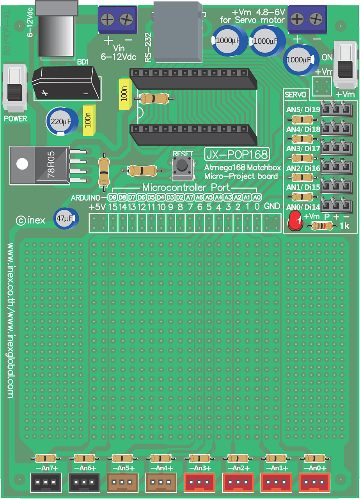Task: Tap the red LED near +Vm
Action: pyautogui.click(x=295, y=221)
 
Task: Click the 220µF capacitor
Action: pyautogui.click(x=61, y=122)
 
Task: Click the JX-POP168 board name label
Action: pyautogui.click(x=237, y=154)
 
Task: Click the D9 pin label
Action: pyautogui.click(x=113, y=197)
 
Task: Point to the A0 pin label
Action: pyautogui.click(x=257, y=197)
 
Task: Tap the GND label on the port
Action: pyautogui.click(x=272, y=207)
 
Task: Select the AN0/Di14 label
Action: pyautogui.click(x=303, y=207)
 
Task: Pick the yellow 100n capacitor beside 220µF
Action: pyautogui.click(x=89, y=121)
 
